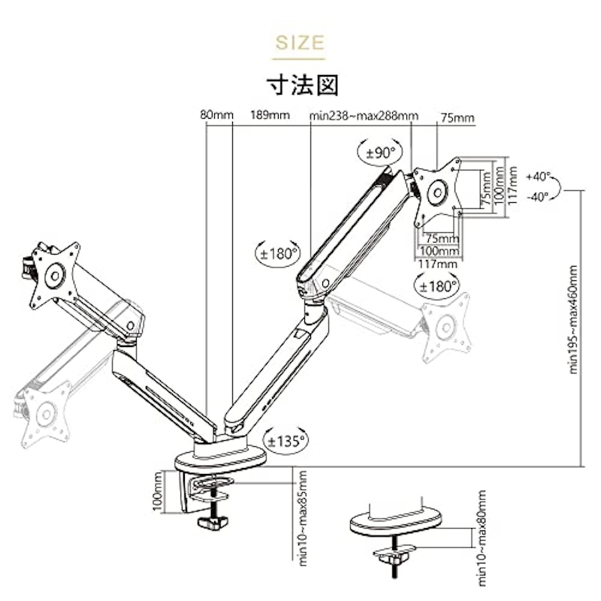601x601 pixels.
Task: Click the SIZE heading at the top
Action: [x=300, y=42]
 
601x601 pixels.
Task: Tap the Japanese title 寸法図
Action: [x=303, y=84]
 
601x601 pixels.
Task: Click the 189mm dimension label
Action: [x=270, y=115]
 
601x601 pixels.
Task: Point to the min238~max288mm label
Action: [x=364, y=116]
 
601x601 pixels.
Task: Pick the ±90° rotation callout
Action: [x=380, y=153]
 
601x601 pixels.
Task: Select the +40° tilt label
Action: [x=538, y=177]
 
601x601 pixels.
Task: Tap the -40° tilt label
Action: [x=538, y=197]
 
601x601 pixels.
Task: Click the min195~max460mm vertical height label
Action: [x=573, y=319]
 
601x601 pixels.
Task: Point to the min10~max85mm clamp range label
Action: [x=303, y=518]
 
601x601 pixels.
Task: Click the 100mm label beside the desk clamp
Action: [x=158, y=491]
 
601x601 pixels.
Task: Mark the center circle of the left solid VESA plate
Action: [x=54, y=276]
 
